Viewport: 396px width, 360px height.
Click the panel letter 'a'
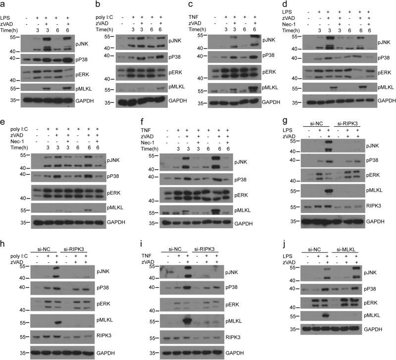[4, 4]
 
